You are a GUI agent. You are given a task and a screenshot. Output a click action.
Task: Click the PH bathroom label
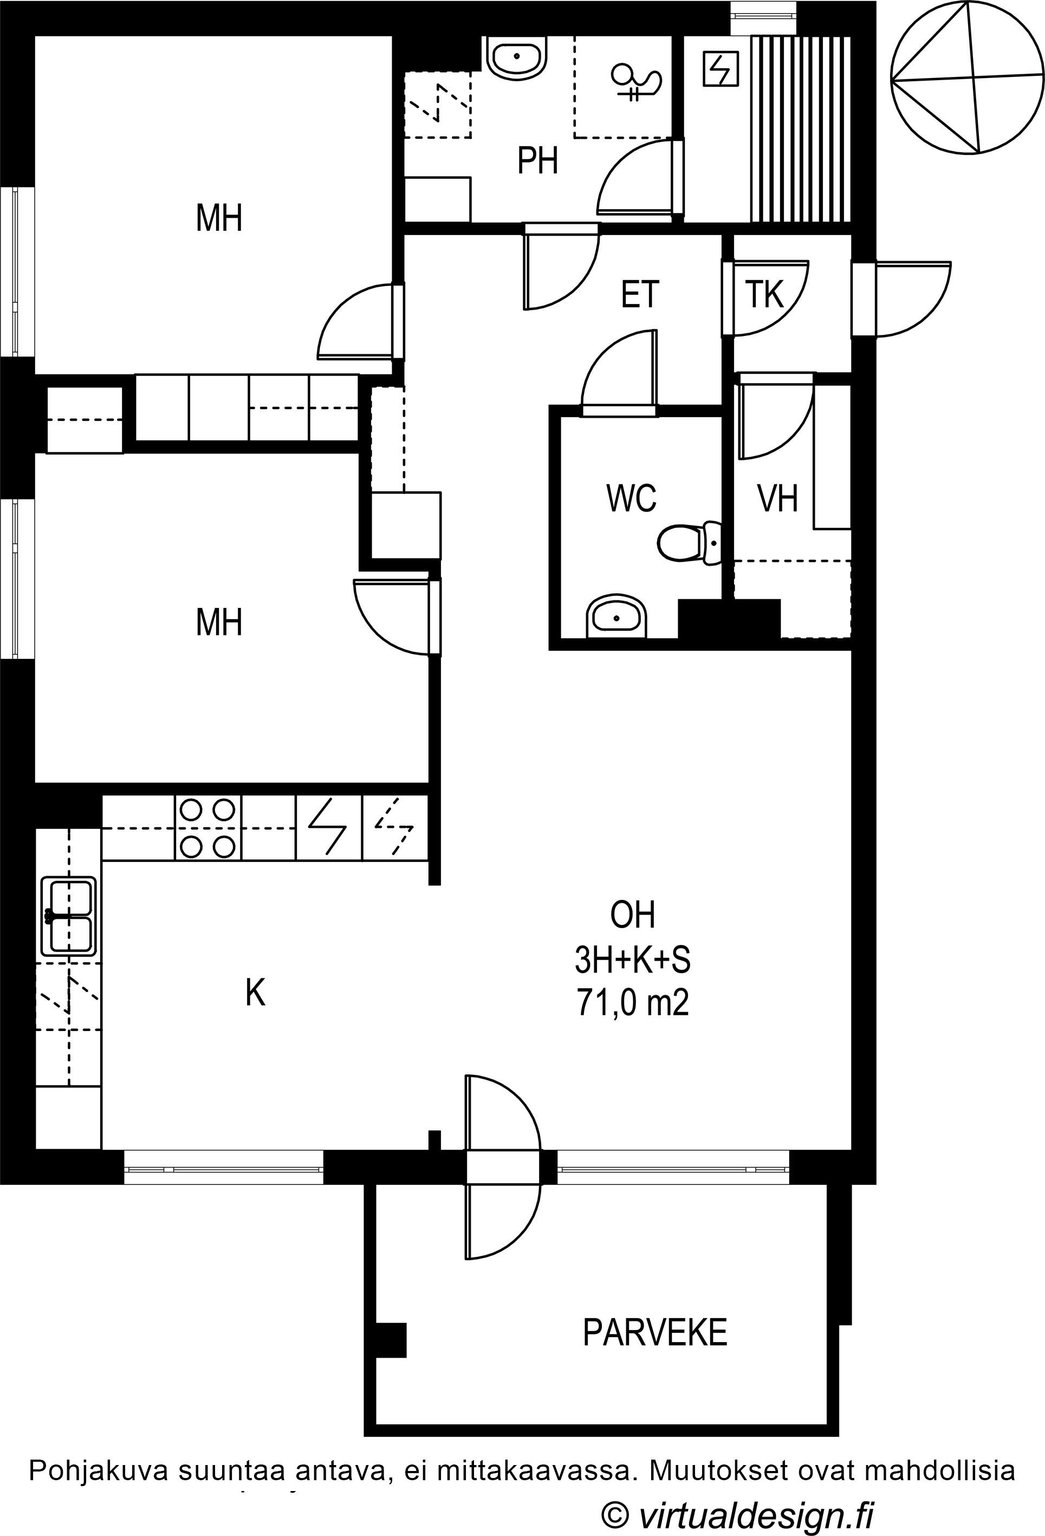537,160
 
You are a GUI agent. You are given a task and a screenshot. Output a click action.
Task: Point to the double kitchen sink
69,916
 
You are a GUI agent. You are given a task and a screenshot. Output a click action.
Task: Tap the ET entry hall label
640,294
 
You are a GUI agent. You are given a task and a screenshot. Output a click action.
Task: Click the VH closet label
777,498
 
